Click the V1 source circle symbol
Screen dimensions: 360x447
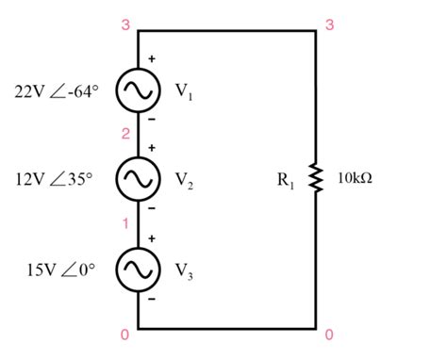click(138, 90)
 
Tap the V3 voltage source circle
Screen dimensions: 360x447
click(138, 268)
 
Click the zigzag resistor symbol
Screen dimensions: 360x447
click(317, 178)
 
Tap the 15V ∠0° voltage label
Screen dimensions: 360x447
click(62, 269)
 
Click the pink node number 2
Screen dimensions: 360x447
click(125, 135)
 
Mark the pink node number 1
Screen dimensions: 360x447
click(125, 223)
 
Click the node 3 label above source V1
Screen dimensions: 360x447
click(125, 24)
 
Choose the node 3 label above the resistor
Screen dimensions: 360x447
click(328, 24)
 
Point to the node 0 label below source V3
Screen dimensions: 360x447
click(125, 334)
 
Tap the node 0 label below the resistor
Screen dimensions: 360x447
click(328, 334)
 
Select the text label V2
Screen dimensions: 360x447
click(183, 179)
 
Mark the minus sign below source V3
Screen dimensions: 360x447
click(152, 298)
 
